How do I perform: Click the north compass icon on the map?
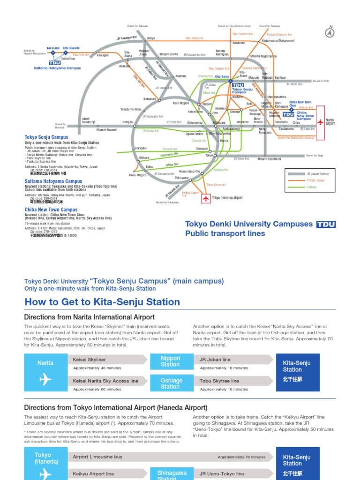tap(330, 33)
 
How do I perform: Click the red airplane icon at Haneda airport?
tap(206, 198)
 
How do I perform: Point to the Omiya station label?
tap(151, 38)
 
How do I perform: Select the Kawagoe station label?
tap(103, 55)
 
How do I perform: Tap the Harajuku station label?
tap(141, 148)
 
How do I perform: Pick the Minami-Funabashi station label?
tap(269, 159)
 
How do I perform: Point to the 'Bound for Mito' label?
tap(321, 81)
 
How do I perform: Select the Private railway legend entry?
tap(315, 180)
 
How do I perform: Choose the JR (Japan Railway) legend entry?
tap(318, 173)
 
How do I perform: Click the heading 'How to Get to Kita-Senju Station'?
tap(102, 302)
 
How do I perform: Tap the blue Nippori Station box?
tap(170, 361)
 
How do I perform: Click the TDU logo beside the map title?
tap(326, 224)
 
